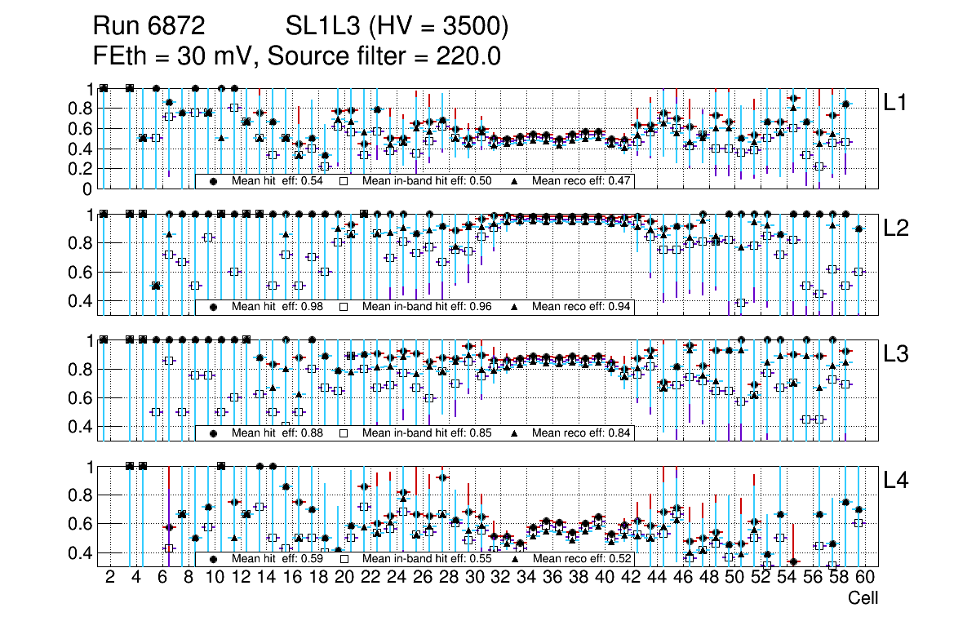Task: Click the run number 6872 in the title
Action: [176, 27]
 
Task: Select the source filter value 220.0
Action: [470, 56]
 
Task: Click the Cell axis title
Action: [863, 598]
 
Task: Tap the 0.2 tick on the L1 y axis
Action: [85, 169]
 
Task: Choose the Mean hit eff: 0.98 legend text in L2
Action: [277, 307]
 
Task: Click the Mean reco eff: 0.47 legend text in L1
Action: [581, 180]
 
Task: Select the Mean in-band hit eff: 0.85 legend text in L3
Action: [427, 433]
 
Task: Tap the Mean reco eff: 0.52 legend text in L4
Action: [581, 559]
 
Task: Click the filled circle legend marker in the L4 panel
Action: [213, 559]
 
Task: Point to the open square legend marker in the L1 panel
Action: [344, 180]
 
